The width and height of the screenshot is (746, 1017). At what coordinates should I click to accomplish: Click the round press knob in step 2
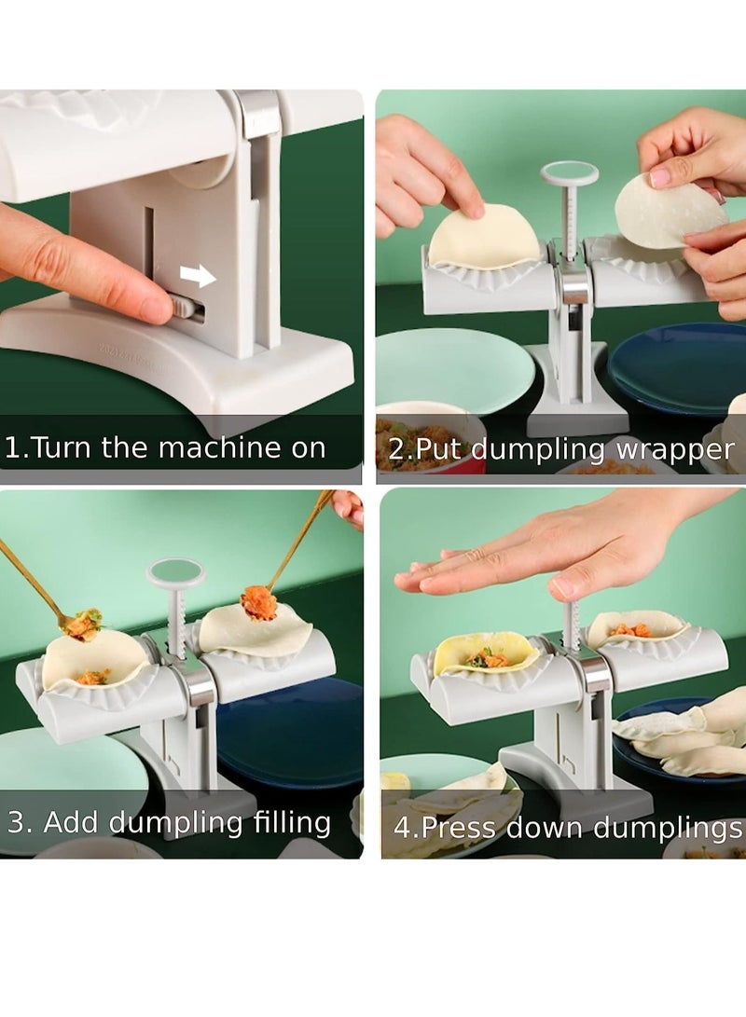point(569,172)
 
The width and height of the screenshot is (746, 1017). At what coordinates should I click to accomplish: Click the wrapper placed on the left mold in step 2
point(483,237)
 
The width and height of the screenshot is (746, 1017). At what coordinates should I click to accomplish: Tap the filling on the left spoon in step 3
point(85,624)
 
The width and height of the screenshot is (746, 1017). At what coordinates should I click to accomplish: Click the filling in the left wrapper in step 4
point(488,659)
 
